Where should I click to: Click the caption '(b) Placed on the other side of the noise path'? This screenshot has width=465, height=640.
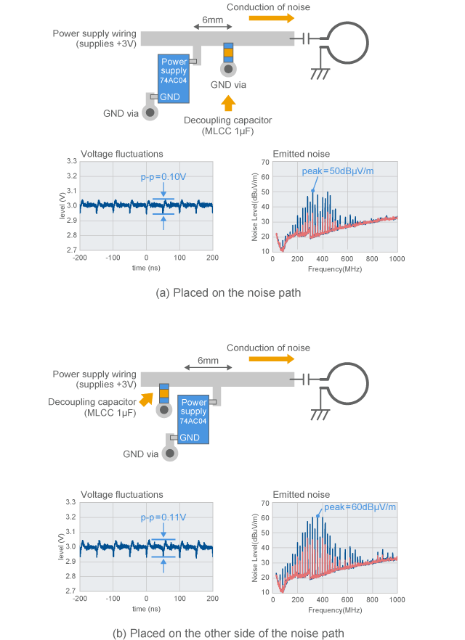(228, 633)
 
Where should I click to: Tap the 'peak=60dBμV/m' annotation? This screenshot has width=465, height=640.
(360, 507)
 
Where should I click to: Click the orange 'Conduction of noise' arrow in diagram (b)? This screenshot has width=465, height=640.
(270, 358)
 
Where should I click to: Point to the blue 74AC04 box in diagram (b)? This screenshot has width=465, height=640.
(193, 419)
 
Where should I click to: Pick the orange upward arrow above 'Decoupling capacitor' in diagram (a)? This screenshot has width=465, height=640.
(228, 102)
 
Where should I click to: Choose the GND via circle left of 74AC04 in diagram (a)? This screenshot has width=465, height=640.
(150, 112)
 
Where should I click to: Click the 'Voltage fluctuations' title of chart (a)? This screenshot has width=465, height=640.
(121, 154)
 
